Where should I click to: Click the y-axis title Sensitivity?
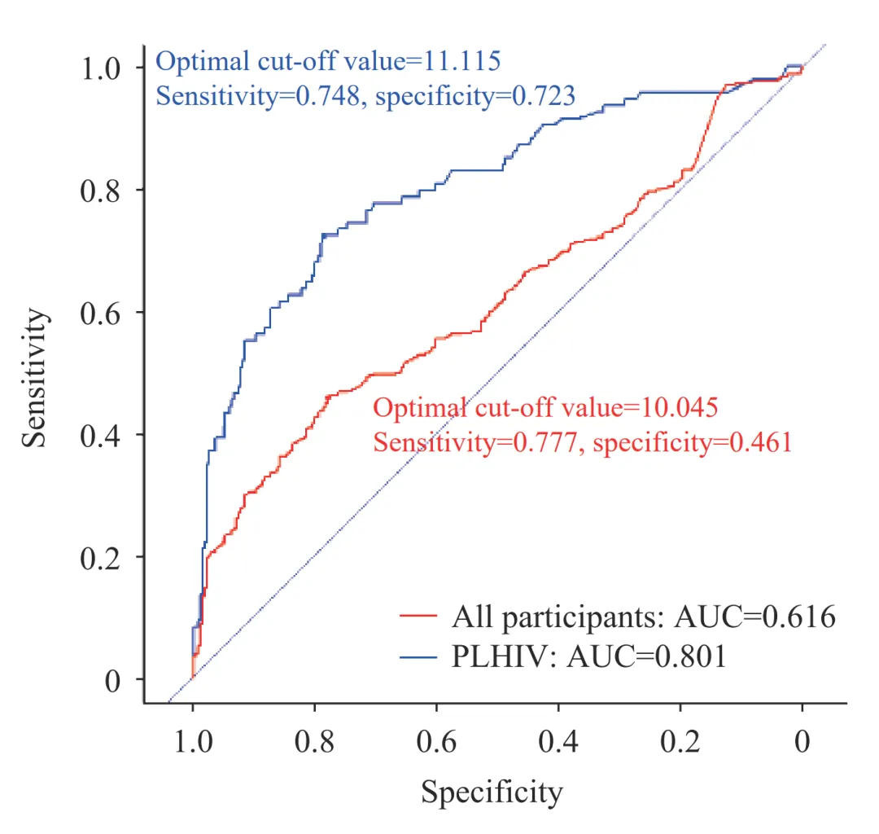pyautogui.click(x=34, y=377)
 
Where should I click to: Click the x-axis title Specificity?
pyautogui.click(x=491, y=792)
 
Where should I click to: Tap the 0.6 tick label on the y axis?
pyautogui.click(x=103, y=313)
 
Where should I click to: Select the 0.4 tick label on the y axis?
pyautogui.click(x=103, y=435)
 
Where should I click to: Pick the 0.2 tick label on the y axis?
pyautogui.click(x=103, y=557)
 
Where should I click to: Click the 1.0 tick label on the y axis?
pyautogui.click(x=103, y=68)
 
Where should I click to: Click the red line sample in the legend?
pyautogui.click(x=420, y=618)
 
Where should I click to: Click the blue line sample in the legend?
pyautogui.click(x=420, y=656)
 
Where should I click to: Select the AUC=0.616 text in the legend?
pyautogui.click(x=755, y=618)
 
